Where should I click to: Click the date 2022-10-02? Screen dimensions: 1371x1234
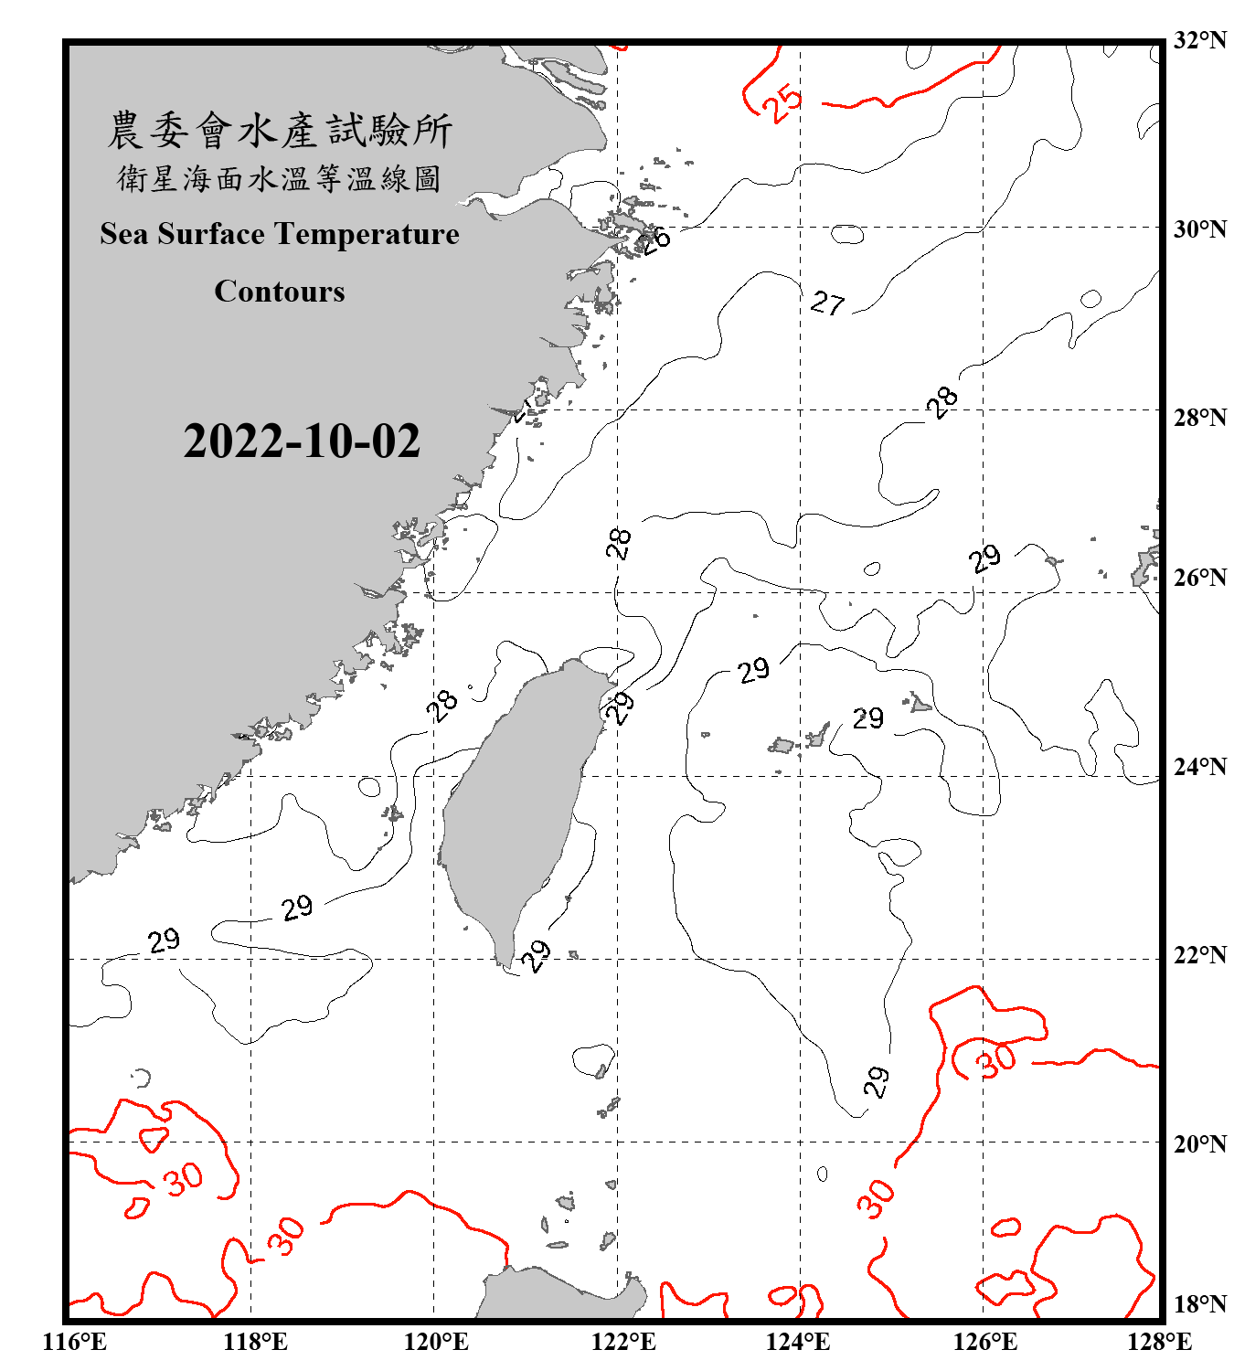[x=302, y=441]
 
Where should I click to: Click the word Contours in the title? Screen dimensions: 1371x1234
[x=280, y=292]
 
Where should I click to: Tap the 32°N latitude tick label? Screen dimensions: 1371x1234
[x=1199, y=40]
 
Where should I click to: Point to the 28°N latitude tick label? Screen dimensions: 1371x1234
[x=1199, y=418]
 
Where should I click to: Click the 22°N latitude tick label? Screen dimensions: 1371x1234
[x=1199, y=955]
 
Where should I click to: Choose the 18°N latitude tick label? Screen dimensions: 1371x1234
[x=1199, y=1304]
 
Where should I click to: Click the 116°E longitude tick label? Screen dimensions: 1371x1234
[x=75, y=1342]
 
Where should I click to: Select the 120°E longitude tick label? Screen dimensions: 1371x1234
[x=436, y=1342]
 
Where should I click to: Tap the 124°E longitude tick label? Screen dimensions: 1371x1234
[x=798, y=1342]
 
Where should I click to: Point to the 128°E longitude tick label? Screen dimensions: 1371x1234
[x=1159, y=1342]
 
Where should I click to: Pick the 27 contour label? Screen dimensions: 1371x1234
[x=828, y=303]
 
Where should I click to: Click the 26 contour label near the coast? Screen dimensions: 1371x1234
[x=654, y=239]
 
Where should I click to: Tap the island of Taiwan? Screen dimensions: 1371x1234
[x=516, y=804]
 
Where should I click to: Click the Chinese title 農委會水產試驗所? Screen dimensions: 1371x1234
[x=280, y=131]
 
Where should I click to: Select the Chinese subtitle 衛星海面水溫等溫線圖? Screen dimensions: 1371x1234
[x=280, y=179]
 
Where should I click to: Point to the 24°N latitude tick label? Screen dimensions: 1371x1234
[x=1199, y=766]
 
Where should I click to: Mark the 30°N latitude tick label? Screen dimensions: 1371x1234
[x=1199, y=228]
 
